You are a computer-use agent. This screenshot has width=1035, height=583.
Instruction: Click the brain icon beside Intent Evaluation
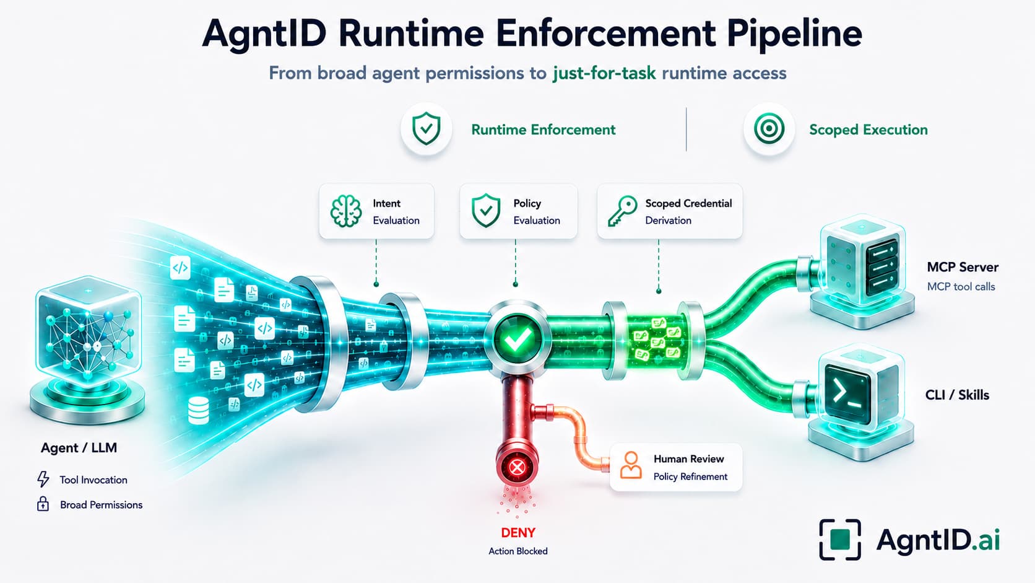[346, 211]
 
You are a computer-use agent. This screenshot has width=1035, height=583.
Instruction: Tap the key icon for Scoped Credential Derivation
[622, 211]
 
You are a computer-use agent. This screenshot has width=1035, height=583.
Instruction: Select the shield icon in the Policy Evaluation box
[485, 211]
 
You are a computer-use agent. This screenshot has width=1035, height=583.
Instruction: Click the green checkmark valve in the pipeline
[517, 340]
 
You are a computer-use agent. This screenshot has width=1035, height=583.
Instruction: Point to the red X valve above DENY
[517, 467]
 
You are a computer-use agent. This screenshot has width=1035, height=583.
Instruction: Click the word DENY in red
[518, 533]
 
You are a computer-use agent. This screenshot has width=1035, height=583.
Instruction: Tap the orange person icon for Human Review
[631, 465]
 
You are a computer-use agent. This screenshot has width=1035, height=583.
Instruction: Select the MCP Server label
[963, 267]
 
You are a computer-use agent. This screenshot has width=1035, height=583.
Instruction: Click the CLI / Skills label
[957, 395]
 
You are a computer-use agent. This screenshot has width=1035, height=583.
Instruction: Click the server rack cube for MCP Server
[862, 271]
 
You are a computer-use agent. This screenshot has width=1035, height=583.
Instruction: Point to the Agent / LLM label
[79, 447]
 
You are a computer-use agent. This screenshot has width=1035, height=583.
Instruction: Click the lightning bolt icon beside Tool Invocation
[43, 480]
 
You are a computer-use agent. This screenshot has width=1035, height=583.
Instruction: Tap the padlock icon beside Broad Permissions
[43, 504]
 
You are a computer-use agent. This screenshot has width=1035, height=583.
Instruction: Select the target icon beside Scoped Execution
[769, 128]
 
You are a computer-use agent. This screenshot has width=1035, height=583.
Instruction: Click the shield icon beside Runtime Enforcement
[426, 128]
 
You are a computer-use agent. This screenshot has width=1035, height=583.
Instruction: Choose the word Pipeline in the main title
[794, 33]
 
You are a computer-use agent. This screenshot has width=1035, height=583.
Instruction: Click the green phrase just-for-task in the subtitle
[604, 73]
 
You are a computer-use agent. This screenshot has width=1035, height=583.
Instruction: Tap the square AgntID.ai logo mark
[839, 540]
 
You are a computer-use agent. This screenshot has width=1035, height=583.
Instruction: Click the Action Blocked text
[518, 551]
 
